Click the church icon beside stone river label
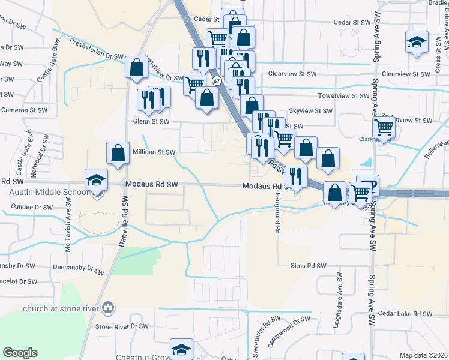pos(109,308)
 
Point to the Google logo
pos(20,353)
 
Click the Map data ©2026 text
pos(423,355)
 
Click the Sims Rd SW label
pos(308,265)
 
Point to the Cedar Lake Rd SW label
pos(405,314)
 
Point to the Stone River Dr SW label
pos(122,326)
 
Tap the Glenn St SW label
pos(149,121)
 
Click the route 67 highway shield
pos(217,80)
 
